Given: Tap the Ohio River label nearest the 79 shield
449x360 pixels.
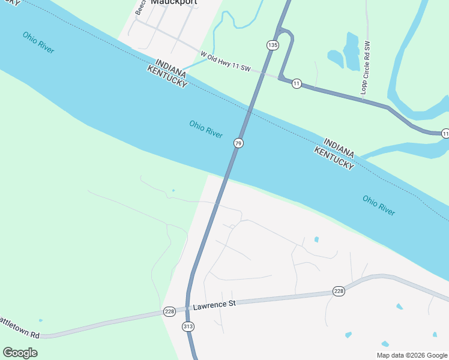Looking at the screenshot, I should tap(206, 128).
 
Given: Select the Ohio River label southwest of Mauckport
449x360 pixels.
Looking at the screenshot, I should tap(38, 43).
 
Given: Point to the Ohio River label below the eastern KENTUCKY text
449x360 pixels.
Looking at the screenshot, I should tap(379, 205).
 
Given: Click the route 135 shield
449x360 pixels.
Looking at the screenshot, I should tap(273, 45).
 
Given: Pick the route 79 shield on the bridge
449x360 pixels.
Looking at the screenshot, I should tap(238, 143).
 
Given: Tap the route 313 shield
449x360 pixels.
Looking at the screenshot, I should tap(188, 326).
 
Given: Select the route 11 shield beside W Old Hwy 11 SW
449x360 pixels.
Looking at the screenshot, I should tap(297, 83).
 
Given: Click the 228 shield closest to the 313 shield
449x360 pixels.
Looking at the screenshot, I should tap(169, 311).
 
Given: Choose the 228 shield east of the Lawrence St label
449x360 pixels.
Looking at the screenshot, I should tap(339, 292).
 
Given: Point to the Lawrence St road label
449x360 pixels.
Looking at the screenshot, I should tap(214, 305).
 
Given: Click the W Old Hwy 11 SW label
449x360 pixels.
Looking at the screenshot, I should tap(225, 61).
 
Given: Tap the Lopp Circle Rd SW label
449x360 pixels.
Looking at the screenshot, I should tap(367, 68).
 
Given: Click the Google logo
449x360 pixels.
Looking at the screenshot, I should tap(20, 353).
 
